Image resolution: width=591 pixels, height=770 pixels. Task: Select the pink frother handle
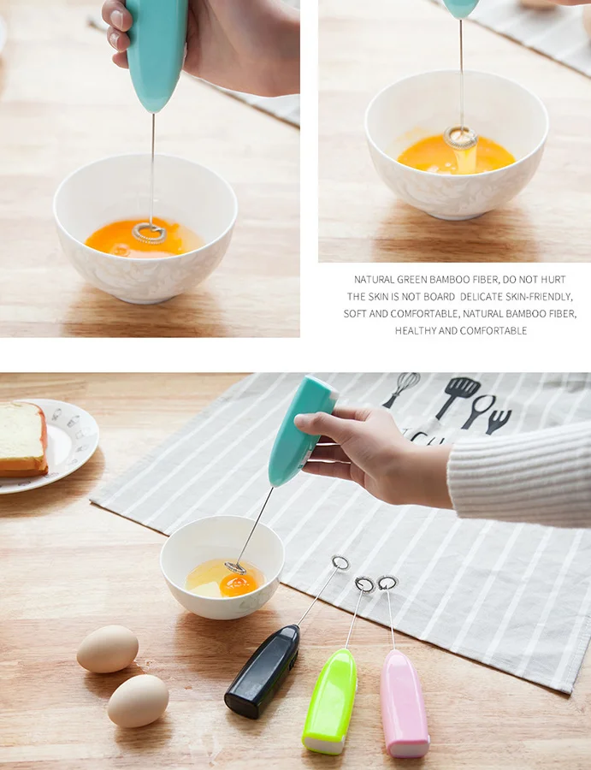(x=404, y=703)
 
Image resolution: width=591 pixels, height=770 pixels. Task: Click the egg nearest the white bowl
(x=108, y=649)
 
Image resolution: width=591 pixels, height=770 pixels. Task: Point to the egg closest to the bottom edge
(x=138, y=701)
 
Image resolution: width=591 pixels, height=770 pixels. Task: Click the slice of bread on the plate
(x=22, y=440)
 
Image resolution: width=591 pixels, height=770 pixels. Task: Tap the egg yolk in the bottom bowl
(x=238, y=584)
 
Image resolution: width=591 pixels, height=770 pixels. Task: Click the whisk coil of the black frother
(x=340, y=563)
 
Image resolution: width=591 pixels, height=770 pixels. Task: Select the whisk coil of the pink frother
(x=387, y=583)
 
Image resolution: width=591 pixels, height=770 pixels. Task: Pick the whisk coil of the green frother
(x=364, y=584)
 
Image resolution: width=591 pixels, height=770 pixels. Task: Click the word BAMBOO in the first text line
(x=449, y=280)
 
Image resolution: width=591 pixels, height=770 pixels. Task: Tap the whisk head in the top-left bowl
(x=149, y=234)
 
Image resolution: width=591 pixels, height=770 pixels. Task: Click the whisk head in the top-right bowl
(x=460, y=138)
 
